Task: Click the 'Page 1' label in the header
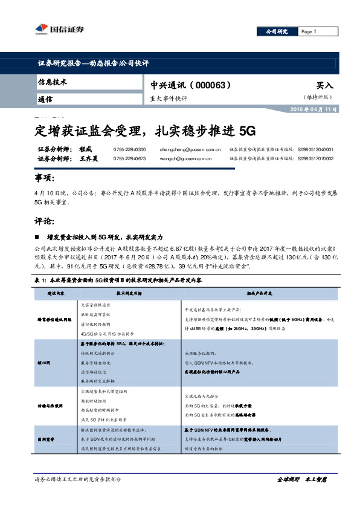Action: point(308,32)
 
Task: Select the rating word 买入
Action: point(324,86)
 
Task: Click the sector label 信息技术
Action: point(53,82)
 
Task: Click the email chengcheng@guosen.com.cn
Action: point(188,149)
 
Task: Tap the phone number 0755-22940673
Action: point(129,158)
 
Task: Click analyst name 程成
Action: point(85,149)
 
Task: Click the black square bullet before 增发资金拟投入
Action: point(37,238)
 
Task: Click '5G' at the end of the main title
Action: point(248,130)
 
